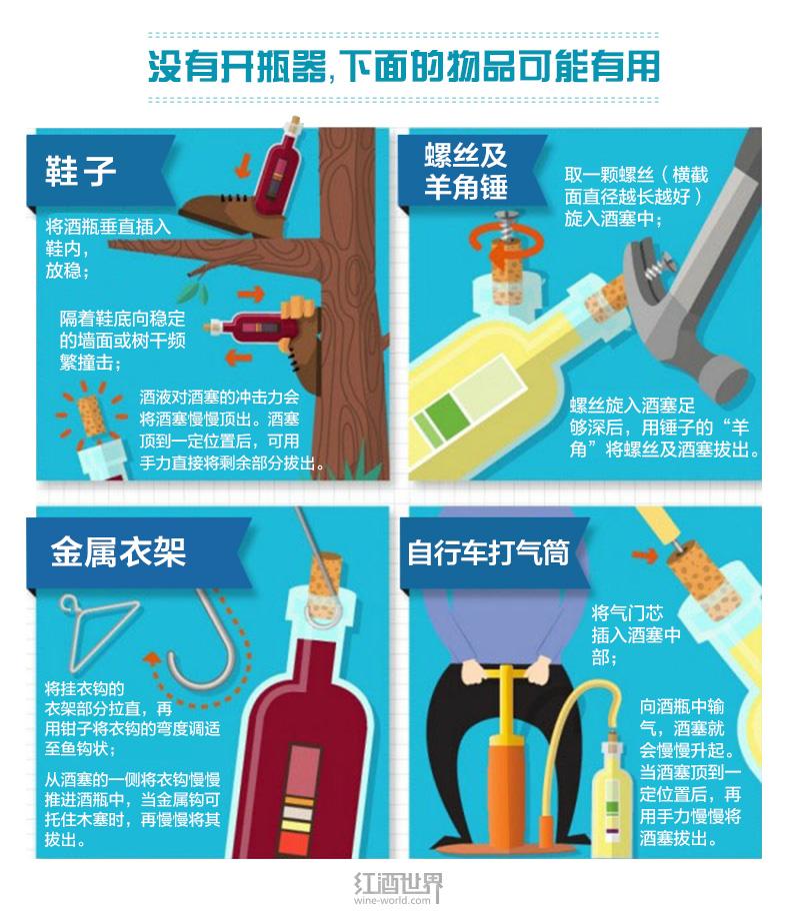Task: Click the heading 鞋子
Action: pyautogui.click(x=81, y=171)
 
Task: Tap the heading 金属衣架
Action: pyautogui.click(x=119, y=550)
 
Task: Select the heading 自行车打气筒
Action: pyautogui.click(x=488, y=552)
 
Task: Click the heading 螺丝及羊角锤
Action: pyautogui.click(x=465, y=172)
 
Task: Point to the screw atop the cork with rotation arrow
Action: pyautogui.click(x=504, y=224)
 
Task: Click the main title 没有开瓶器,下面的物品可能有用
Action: pyautogui.click(x=404, y=67)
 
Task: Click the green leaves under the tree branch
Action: pyautogui.click(x=194, y=292)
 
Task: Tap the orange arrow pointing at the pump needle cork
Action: pyautogui.click(x=644, y=555)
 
